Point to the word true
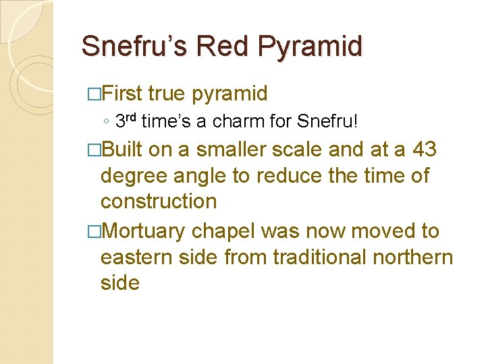tap(169, 93)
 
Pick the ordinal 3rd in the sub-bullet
tap(127, 121)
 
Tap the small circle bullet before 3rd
tap(107, 123)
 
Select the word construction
tap(158, 201)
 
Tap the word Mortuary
tap(143, 231)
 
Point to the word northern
tap(412, 257)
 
